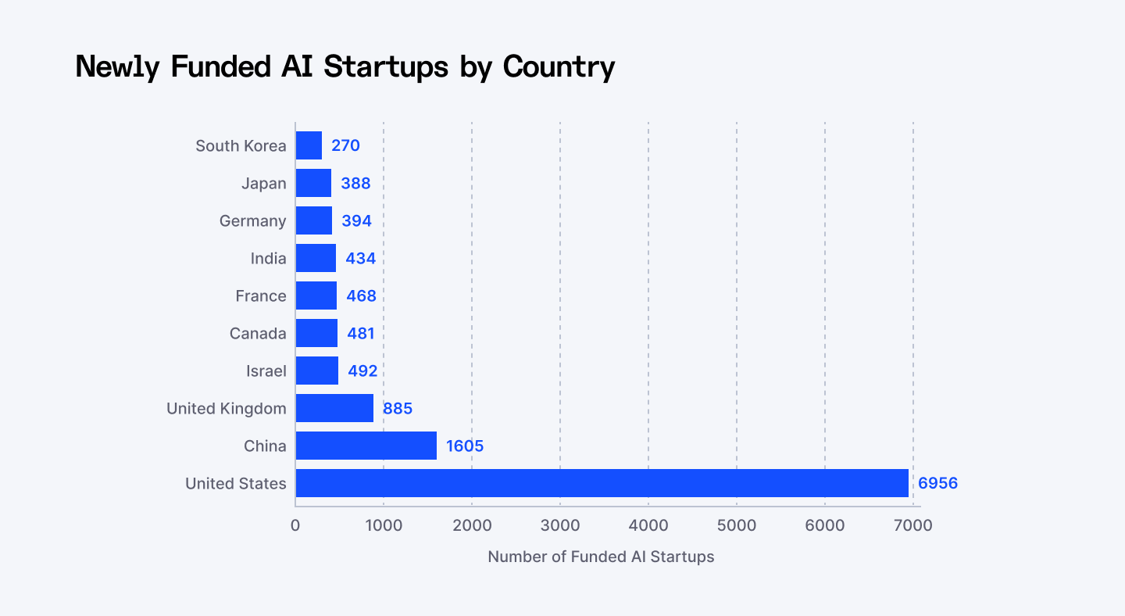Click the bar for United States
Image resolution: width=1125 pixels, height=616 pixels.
click(602, 483)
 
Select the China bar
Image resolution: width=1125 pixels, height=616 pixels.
click(366, 446)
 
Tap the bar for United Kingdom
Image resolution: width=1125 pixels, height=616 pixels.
click(334, 408)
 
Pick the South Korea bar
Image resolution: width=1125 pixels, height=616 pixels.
click(309, 145)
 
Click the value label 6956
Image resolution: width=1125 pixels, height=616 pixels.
click(937, 483)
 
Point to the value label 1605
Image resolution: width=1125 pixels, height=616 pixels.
click(465, 446)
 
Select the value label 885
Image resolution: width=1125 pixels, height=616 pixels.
click(397, 408)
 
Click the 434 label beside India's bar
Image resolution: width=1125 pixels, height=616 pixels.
click(360, 258)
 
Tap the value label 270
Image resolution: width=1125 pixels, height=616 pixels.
click(345, 145)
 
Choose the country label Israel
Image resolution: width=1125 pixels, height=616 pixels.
click(266, 371)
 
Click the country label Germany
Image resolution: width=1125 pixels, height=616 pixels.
click(252, 220)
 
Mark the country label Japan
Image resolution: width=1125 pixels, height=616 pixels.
click(264, 183)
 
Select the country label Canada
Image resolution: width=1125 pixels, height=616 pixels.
click(258, 333)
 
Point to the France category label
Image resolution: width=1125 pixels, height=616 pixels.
click(261, 295)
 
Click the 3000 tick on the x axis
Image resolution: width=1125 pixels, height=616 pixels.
click(560, 525)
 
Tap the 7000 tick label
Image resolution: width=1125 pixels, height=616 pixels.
click(912, 525)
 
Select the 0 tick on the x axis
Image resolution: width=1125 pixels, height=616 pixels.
click(295, 525)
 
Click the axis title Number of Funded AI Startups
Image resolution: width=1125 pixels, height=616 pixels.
click(601, 557)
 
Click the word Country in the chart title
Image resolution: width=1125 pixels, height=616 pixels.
click(559, 66)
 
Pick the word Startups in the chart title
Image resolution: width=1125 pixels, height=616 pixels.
click(386, 66)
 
